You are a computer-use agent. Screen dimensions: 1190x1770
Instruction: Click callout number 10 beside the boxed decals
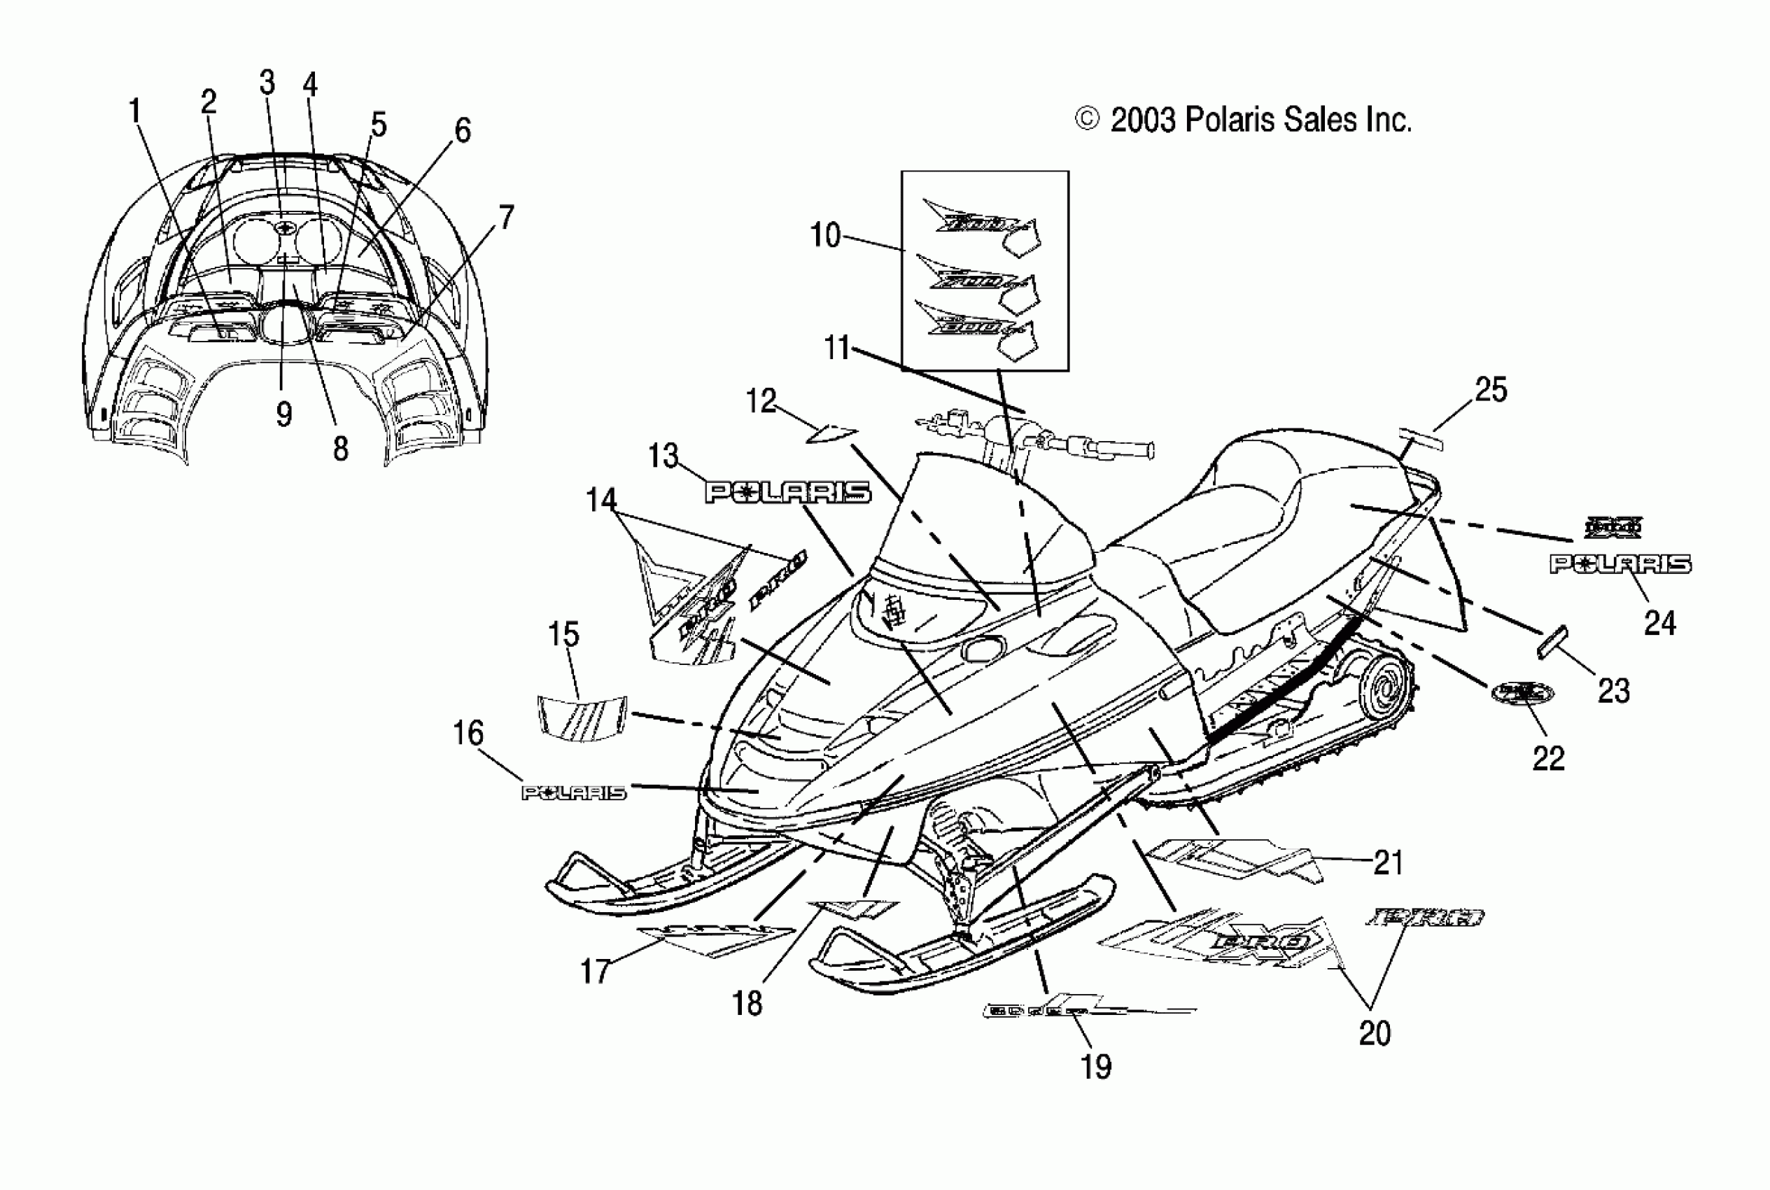click(824, 235)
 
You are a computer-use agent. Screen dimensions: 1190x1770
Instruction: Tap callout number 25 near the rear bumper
click(1490, 390)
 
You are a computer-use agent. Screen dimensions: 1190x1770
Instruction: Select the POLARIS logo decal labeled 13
click(787, 493)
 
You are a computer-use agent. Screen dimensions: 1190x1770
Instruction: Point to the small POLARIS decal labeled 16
click(575, 793)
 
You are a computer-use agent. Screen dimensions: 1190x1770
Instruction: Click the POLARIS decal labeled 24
click(1620, 564)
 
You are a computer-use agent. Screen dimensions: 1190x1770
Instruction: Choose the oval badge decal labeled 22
click(1522, 692)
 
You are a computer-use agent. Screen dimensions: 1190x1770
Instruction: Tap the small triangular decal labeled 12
click(831, 434)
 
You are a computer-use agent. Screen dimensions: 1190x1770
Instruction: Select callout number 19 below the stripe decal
click(1095, 1067)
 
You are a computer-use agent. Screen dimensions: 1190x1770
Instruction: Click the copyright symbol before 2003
click(1087, 120)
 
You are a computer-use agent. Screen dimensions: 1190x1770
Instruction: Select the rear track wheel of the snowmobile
click(1386, 692)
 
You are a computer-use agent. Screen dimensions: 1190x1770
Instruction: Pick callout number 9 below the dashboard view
click(283, 414)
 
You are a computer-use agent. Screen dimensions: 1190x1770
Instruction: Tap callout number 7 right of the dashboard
click(506, 218)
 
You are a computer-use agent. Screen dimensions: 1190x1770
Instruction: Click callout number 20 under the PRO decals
click(1374, 1034)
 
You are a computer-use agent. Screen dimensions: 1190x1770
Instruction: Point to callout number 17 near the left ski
click(595, 972)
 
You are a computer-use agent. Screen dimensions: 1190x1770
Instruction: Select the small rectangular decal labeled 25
click(1421, 439)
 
